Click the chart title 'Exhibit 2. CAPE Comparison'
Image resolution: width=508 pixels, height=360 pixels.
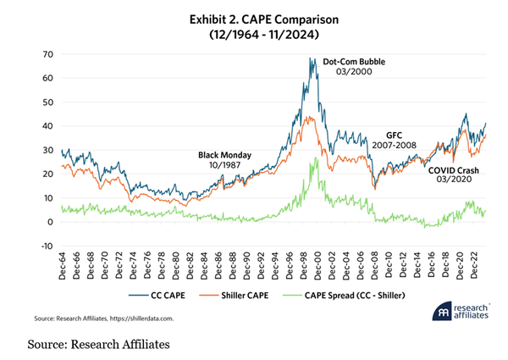pos(253,17)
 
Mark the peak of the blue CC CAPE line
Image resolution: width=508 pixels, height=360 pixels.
pos(311,58)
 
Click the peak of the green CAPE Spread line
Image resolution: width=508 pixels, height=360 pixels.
pos(315,158)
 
